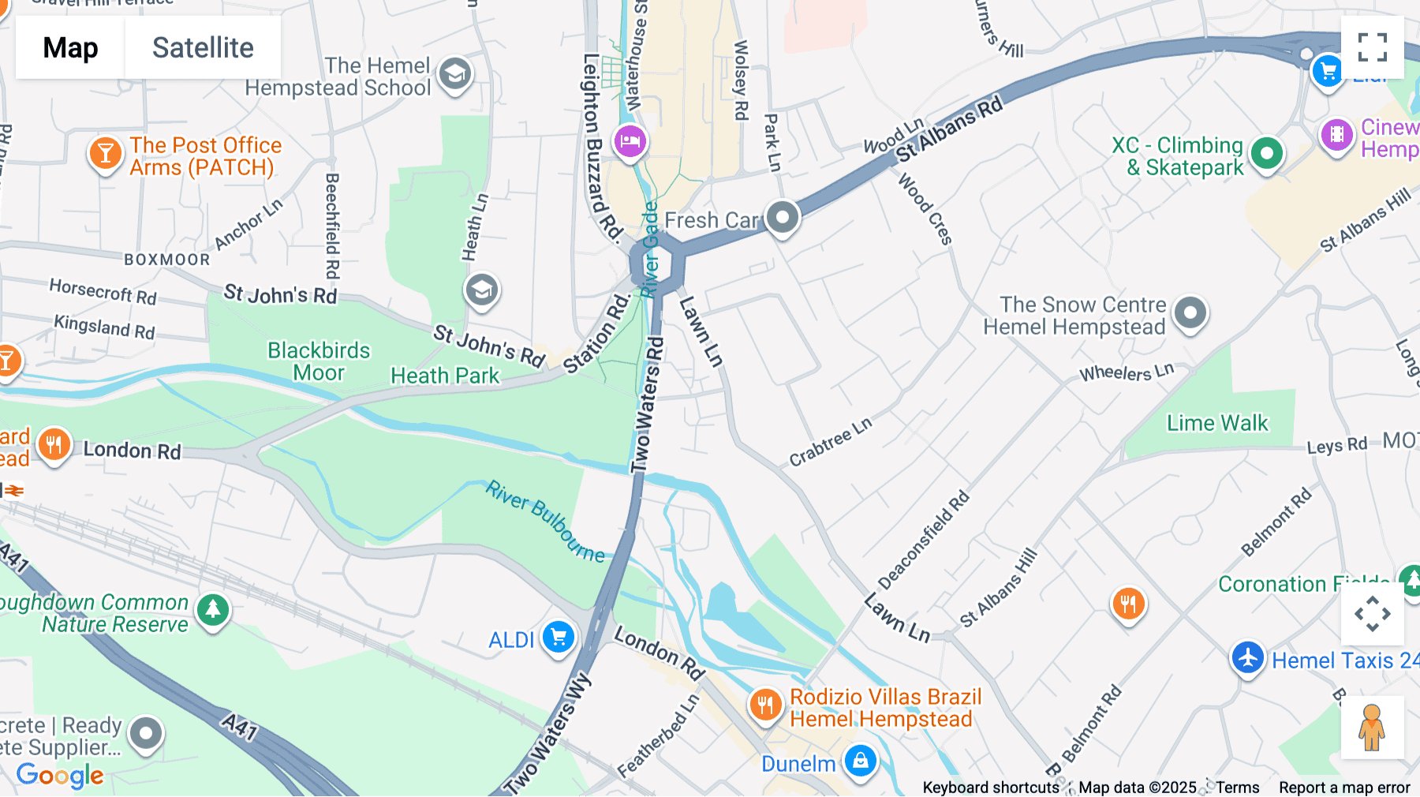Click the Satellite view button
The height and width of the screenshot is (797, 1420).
coord(203,47)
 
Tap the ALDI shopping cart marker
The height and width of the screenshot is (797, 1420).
coord(559,636)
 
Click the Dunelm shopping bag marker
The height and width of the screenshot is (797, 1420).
coord(861,761)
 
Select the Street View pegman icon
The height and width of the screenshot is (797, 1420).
coord(1372,728)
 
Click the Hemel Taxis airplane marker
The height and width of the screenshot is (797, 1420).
coord(1247,657)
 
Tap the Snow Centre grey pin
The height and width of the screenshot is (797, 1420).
coord(1190,312)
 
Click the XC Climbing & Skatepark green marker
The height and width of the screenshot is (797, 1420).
coord(1267,153)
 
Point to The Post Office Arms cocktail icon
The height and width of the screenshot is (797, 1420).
coord(106,153)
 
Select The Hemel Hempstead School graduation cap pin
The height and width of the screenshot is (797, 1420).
coord(455,74)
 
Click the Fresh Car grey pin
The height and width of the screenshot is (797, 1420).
coord(783,217)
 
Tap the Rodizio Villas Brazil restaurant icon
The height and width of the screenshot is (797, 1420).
coord(765,704)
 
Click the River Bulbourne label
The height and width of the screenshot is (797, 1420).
coord(544,522)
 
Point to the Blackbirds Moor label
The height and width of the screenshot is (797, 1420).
coord(319,361)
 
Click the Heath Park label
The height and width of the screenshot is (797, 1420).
coord(445,376)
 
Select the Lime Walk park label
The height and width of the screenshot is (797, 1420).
coord(1217,424)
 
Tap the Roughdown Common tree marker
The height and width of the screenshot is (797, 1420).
coord(212,610)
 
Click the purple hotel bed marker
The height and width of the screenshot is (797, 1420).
coord(630,142)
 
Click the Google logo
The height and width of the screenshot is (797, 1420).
coord(60,775)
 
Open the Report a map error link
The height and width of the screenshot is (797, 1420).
coord(1343,788)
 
